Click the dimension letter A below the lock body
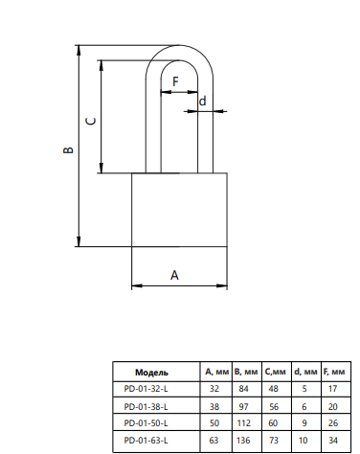coord(174,275)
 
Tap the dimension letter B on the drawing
coord(69,149)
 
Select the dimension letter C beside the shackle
coord(91,122)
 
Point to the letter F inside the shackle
coord(175,81)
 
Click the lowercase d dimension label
coord(202,101)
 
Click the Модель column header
coord(151,373)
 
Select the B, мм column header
coord(246,372)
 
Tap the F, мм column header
coord(334,372)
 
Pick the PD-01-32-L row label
coord(146,389)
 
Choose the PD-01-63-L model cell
coord(146,441)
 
